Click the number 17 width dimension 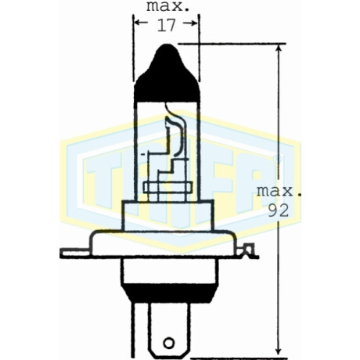click(x=166, y=25)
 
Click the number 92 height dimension click(x=279, y=211)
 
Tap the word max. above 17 click(x=167, y=5)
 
